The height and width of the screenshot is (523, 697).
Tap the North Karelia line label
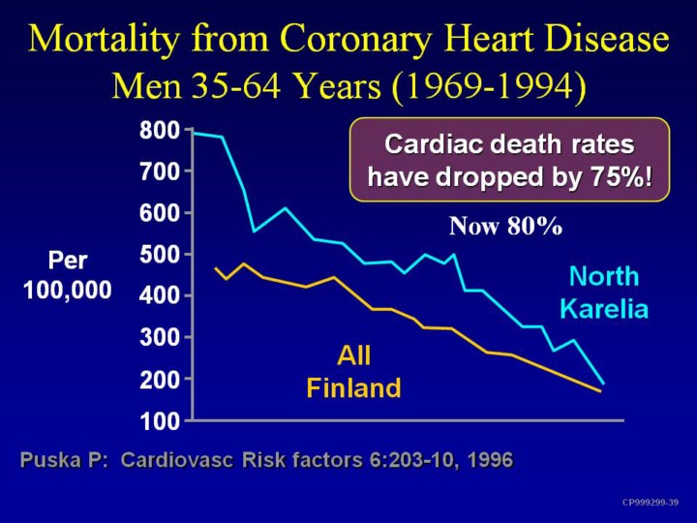(604, 292)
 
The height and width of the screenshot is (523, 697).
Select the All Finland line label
(353, 371)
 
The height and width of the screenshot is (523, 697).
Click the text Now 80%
(505, 227)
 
